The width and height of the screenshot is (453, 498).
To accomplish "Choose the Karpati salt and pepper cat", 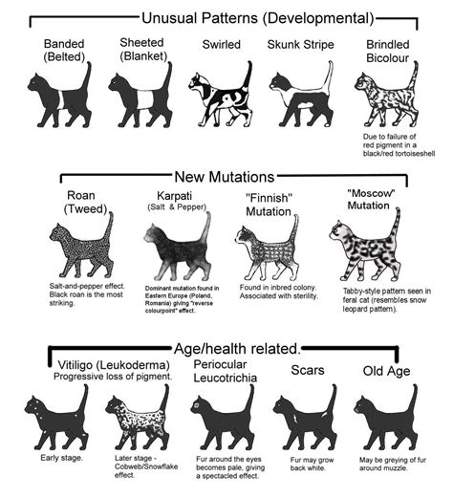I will point(177,248).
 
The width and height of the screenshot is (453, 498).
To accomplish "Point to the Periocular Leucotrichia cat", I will point(223,418).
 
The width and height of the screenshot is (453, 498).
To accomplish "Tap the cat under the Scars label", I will point(305,418).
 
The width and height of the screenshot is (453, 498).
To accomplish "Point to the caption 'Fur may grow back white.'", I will point(305,464).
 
